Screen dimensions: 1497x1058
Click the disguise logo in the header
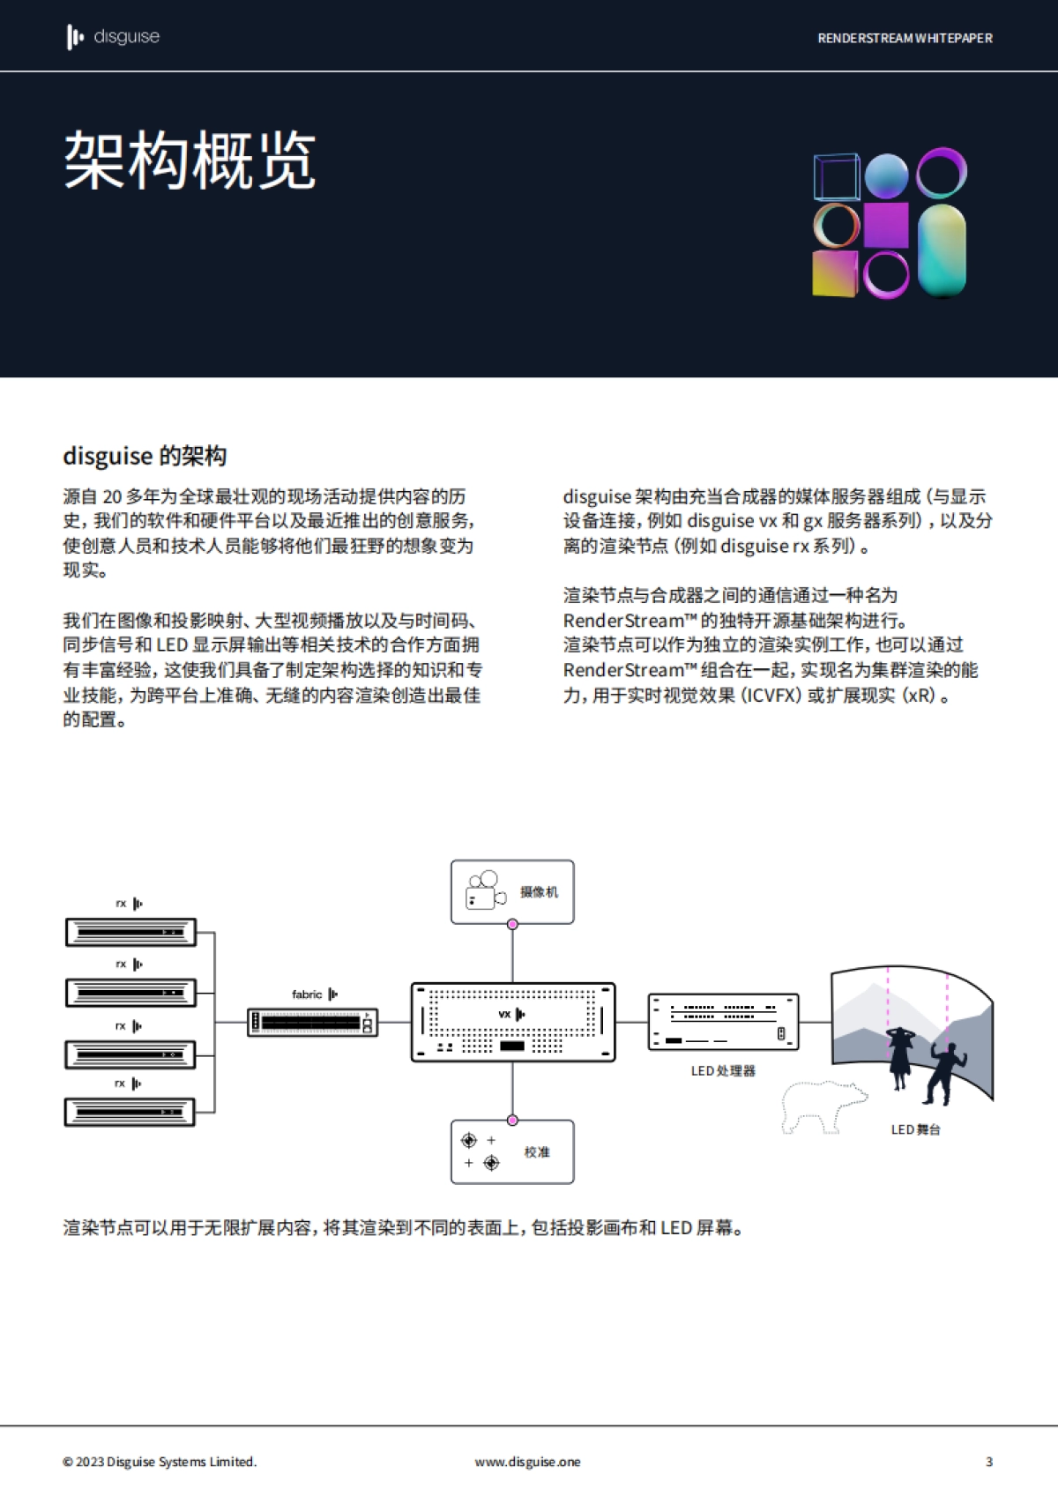(113, 37)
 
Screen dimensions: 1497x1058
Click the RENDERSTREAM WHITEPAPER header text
(905, 38)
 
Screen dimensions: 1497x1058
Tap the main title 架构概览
(190, 160)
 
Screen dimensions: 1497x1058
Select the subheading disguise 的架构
(145, 456)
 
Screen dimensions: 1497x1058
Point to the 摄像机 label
(539, 892)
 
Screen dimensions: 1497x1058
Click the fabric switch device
(312, 1022)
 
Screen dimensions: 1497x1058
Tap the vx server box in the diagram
(512, 1022)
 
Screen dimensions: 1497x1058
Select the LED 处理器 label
(723, 1071)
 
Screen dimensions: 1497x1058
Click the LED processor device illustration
(723, 1022)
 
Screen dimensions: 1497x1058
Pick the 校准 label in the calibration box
(537, 1152)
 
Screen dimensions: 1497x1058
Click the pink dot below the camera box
(512, 924)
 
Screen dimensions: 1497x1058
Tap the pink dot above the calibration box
(512, 1121)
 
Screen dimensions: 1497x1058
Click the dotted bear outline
(822, 1106)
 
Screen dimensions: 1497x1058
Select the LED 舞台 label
(915, 1129)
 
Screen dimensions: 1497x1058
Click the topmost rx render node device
(130, 932)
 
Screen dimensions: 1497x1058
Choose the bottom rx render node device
(130, 1112)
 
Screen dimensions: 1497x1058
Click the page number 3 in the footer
(989, 1462)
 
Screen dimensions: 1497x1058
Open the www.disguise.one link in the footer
(527, 1462)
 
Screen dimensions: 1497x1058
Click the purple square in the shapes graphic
(886, 225)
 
